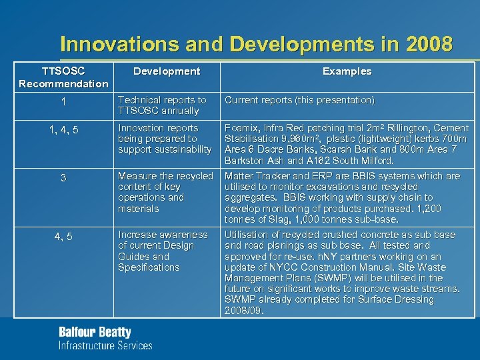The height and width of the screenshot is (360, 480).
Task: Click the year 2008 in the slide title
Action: [x=428, y=45]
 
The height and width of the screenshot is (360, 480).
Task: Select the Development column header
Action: [x=166, y=71]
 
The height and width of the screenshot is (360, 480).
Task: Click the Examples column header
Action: [x=347, y=71]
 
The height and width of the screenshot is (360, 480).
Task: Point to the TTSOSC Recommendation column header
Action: [x=63, y=77]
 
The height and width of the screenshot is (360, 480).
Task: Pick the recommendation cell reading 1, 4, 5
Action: [x=63, y=130]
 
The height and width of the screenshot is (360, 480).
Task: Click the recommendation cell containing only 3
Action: [x=63, y=178]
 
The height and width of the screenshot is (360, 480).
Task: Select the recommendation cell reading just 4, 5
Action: [x=63, y=237]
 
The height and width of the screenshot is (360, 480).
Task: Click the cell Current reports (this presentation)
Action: [x=299, y=100]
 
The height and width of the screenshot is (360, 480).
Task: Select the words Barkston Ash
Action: [x=255, y=160]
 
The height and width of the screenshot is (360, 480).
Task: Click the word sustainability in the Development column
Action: [x=175, y=149]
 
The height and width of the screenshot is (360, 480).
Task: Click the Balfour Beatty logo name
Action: [x=95, y=332]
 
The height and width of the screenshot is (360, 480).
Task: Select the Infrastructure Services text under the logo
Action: [x=105, y=345]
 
